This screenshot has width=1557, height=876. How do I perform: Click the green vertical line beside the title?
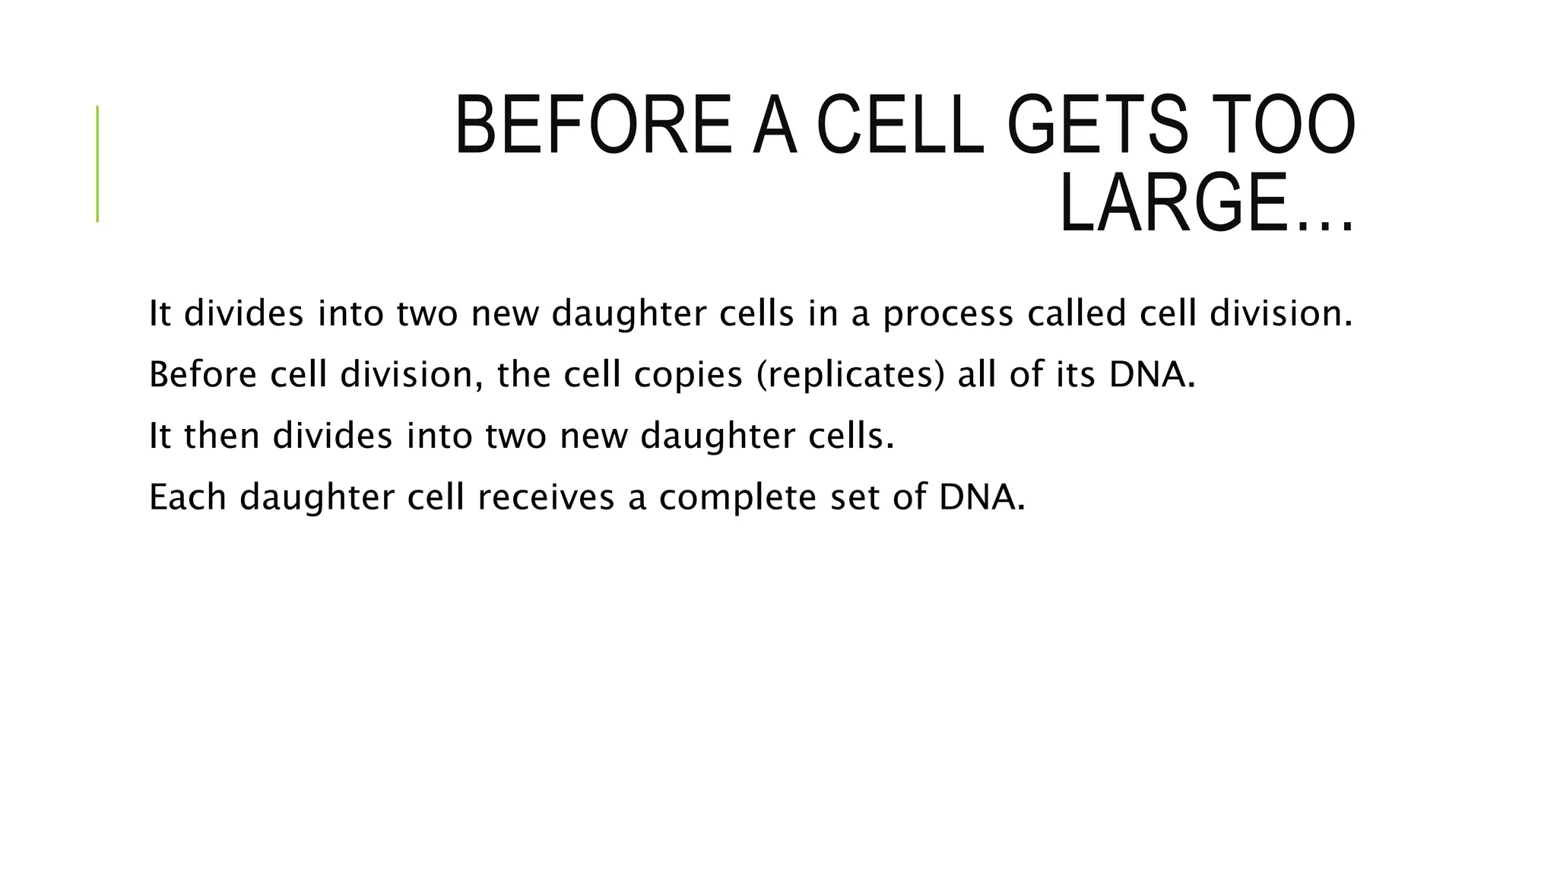[x=97, y=163]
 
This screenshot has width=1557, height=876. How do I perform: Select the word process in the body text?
[x=947, y=314]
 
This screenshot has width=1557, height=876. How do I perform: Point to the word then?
[x=222, y=436]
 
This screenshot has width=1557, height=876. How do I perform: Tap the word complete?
[x=737, y=499]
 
